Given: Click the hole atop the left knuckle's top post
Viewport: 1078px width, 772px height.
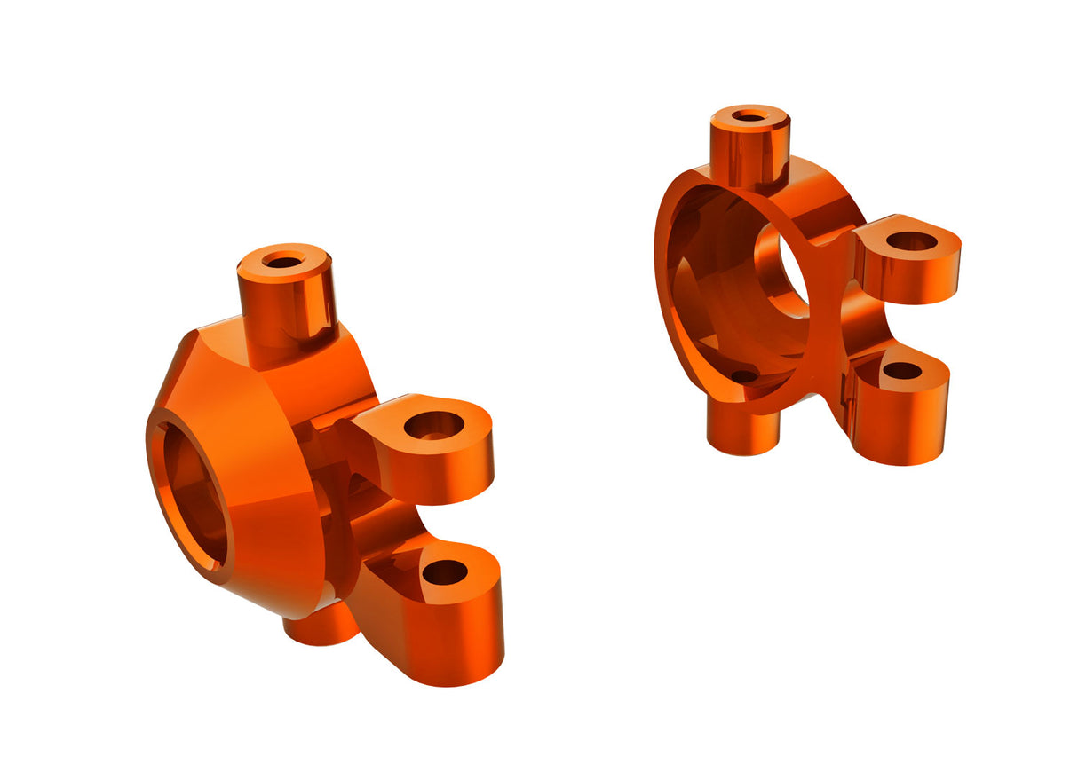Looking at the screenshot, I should [283, 262].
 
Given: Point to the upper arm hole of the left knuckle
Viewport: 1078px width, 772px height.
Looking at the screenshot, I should [434, 426].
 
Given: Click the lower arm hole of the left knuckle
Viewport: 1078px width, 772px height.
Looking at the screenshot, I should [445, 572].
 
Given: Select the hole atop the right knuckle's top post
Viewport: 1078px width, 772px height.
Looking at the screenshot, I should [750, 115].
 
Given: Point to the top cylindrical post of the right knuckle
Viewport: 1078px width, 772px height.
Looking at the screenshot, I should [749, 151].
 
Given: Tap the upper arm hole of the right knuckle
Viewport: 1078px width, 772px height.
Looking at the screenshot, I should [911, 240].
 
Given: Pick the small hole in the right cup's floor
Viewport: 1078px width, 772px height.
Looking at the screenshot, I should [744, 376].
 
